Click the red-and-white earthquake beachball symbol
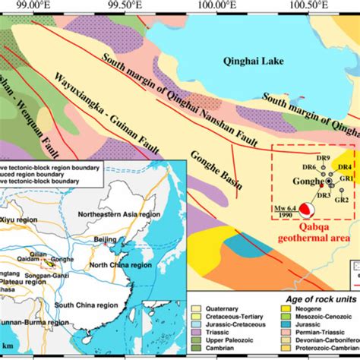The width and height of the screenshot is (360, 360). (x=307, y=208)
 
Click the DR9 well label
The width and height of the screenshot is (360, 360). (x=324, y=158)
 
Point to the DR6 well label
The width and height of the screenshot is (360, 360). (x=309, y=167)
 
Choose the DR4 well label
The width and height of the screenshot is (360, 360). (x=344, y=166)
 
